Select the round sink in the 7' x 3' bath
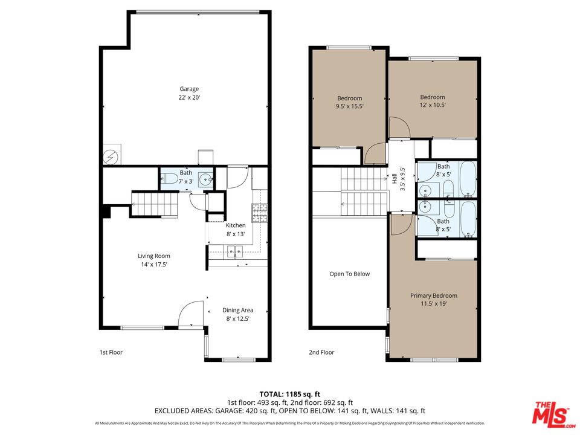tap(206, 179)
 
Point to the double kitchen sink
tap(235, 252)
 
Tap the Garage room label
tap(188, 89)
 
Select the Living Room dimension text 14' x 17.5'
tap(153, 264)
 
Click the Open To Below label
tap(349, 274)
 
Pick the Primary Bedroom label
tap(433, 295)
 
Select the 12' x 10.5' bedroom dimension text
tap(433, 105)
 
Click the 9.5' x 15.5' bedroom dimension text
tap(349, 106)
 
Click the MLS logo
tap(551, 413)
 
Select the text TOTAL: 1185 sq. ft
tap(290, 394)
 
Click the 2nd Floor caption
tap(322, 352)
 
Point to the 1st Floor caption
tap(111, 352)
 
